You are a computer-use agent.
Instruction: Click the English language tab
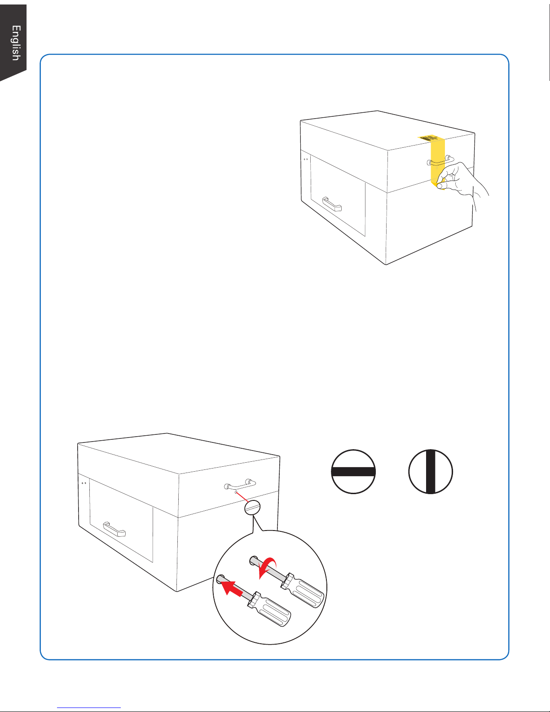click(15, 43)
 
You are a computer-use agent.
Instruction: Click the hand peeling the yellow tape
click(458, 182)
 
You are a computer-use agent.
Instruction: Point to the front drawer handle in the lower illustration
click(114, 529)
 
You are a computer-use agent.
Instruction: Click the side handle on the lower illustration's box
click(240, 484)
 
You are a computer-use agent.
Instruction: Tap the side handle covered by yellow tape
click(441, 160)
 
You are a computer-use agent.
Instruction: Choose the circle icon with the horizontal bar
click(353, 471)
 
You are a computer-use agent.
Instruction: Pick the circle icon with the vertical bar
click(431, 471)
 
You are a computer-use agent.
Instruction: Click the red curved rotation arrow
click(269, 565)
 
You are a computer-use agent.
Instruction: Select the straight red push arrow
click(232, 586)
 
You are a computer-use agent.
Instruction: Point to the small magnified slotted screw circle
click(253, 508)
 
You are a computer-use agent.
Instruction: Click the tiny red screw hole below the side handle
click(236, 492)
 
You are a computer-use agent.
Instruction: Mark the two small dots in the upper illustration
click(305, 159)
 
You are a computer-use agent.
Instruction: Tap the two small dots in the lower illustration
click(84, 483)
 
